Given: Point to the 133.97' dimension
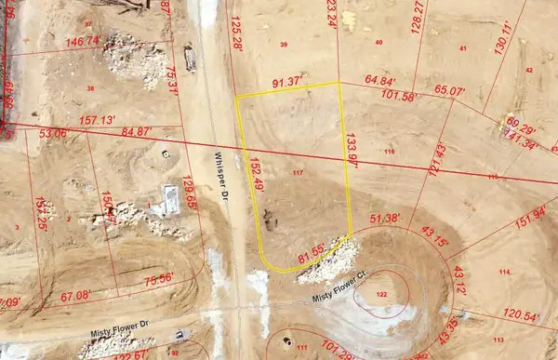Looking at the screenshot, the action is tap(351, 150).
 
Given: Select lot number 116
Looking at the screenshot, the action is tap(389, 152).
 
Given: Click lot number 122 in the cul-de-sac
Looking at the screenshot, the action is tap(381, 294).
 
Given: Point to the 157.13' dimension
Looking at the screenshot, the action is tap(98, 121).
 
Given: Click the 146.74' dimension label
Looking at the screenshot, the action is tap(83, 42).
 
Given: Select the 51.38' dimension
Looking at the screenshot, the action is tap(384, 219).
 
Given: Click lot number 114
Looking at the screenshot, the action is tap(504, 271).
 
